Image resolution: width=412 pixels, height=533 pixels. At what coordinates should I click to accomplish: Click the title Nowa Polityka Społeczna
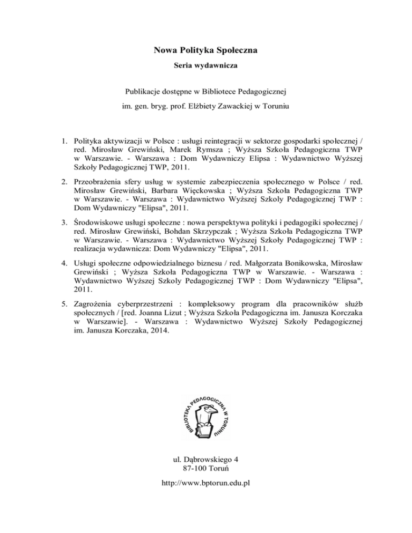[x=206, y=51]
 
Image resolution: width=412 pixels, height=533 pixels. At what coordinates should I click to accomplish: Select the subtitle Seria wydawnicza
[x=206, y=70]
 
